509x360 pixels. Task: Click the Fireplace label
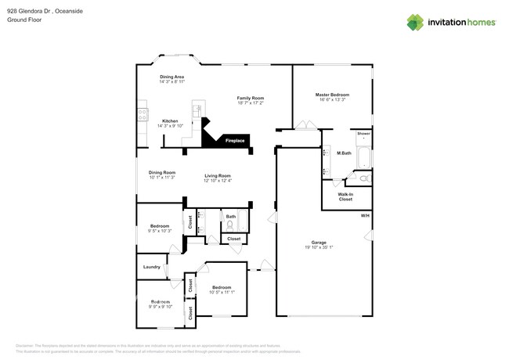pos(235,141)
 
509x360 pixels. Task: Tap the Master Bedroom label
pos(334,95)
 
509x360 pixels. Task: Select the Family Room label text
pos(251,98)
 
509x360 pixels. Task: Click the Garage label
pos(319,242)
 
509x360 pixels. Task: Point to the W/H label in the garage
pos(364,215)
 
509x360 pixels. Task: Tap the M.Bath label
pos(343,153)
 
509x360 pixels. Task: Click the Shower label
pos(363,134)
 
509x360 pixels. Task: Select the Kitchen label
pos(170,121)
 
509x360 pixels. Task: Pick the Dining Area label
pos(172,77)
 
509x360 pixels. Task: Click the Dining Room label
pos(162,172)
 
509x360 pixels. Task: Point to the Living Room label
pos(218,175)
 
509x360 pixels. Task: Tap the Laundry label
pos(152,267)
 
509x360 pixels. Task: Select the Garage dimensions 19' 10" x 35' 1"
pos(319,247)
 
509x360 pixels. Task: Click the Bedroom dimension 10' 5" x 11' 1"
pos(223,292)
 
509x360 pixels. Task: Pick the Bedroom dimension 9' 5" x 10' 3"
pos(160,231)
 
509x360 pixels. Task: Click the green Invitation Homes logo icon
pos(415,22)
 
